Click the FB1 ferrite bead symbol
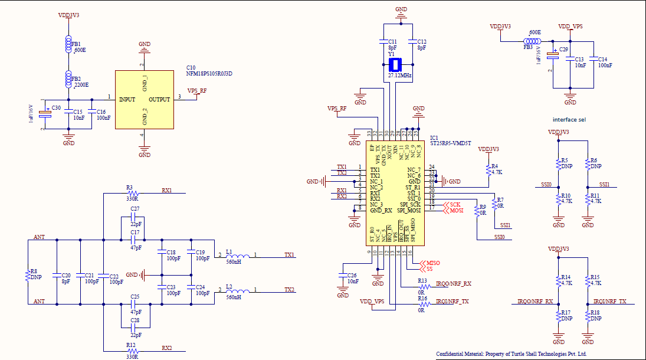point(68,44)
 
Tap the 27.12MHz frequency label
point(400,76)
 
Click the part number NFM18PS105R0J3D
point(209,74)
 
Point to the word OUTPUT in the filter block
point(159,100)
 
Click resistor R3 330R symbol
point(133,193)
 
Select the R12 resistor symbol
point(133,349)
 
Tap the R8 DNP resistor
point(28,274)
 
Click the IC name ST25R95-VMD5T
point(451,142)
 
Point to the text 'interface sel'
point(569,119)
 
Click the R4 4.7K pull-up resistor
point(488,169)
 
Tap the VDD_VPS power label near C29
point(570,27)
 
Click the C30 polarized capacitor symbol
point(44,114)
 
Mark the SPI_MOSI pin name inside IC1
point(409,210)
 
